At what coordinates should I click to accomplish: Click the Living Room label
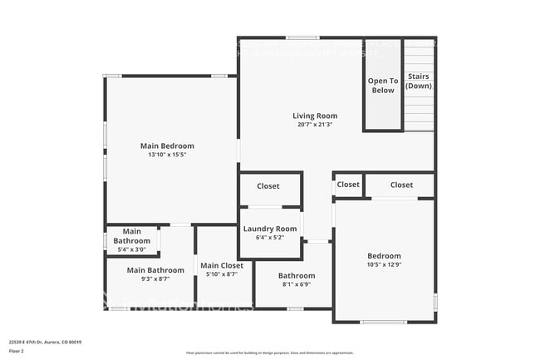tap(315, 116)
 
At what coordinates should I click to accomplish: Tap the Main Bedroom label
tap(166, 145)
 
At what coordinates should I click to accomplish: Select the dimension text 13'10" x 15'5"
tap(166, 155)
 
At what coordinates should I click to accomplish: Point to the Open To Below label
tap(383, 86)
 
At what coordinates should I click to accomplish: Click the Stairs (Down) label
tap(419, 81)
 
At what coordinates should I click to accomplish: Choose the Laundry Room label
tap(270, 229)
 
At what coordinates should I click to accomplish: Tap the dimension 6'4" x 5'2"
tap(270, 237)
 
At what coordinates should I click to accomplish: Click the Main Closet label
tap(221, 265)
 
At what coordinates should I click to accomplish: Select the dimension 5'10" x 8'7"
tap(221, 274)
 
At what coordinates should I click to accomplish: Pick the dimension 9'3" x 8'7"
tap(155, 279)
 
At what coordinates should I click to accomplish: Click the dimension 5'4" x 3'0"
tap(132, 249)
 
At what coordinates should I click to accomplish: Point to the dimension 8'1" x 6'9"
tap(297, 284)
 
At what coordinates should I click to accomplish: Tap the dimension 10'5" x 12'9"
tap(385, 264)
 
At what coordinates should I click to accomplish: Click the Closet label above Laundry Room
tap(268, 186)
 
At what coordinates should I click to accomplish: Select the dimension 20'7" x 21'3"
tap(315, 125)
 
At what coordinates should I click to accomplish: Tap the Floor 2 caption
tap(17, 351)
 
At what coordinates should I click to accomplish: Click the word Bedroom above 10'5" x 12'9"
tap(385, 256)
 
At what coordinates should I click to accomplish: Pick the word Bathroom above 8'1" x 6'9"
tap(297, 275)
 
